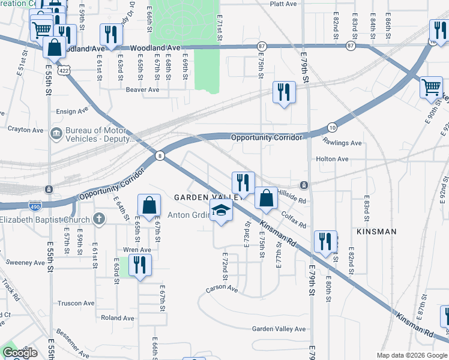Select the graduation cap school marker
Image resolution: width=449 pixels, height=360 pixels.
click(221, 211)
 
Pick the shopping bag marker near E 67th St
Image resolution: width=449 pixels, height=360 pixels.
click(149, 205)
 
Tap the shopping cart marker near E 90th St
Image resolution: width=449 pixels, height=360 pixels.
click(431, 88)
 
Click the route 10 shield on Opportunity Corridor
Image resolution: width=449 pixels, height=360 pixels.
click(332, 127)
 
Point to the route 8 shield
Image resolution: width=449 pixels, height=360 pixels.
click(159, 155)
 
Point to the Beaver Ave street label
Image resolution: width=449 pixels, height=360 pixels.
click(142, 90)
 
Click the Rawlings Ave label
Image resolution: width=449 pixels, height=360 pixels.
click(342, 143)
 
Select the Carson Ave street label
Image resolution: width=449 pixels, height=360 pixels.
click(221, 289)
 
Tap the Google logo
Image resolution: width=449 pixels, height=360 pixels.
click(20, 353)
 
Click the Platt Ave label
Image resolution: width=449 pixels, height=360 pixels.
click(283, 4)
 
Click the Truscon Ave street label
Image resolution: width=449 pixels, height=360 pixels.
click(76, 303)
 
